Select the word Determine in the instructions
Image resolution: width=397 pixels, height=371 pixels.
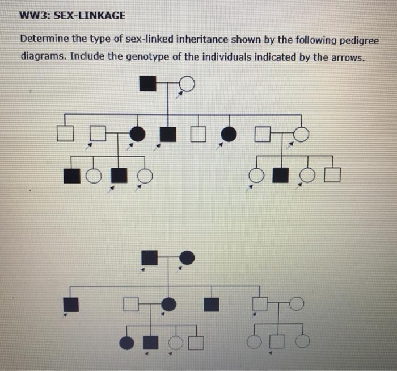tap(45, 41)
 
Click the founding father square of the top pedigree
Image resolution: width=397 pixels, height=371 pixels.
tap(147, 84)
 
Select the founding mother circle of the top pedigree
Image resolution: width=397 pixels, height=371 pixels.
tap(188, 84)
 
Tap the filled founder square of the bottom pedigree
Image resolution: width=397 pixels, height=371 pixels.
tap(149, 258)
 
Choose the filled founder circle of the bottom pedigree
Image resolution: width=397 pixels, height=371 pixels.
tap(187, 258)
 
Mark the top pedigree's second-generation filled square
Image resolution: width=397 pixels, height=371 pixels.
tap(167, 134)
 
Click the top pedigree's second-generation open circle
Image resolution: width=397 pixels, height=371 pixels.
tap(301, 134)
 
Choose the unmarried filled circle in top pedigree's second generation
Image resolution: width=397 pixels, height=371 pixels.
tap(229, 134)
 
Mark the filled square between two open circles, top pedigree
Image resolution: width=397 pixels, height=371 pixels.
tap(280, 175)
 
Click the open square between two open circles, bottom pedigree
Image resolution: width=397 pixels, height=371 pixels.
tap(278, 341)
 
